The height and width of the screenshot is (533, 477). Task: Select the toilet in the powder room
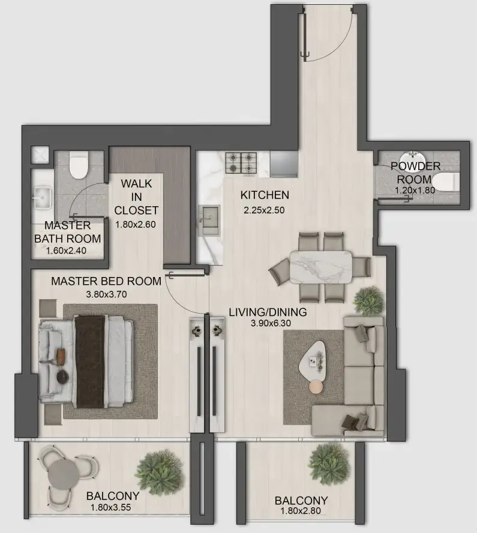click(x=445, y=181)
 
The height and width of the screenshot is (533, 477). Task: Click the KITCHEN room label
click(x=265, y=195)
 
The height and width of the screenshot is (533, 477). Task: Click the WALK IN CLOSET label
click(x=136, y=196)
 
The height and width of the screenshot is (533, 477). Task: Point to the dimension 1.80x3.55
click(x=113, y=507)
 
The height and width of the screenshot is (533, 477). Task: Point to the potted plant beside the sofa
click(x=367, y=298)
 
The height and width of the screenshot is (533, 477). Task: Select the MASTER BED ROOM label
click(x=106, y=281)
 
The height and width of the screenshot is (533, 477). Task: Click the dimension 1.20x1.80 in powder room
click(x=415, y=190)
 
